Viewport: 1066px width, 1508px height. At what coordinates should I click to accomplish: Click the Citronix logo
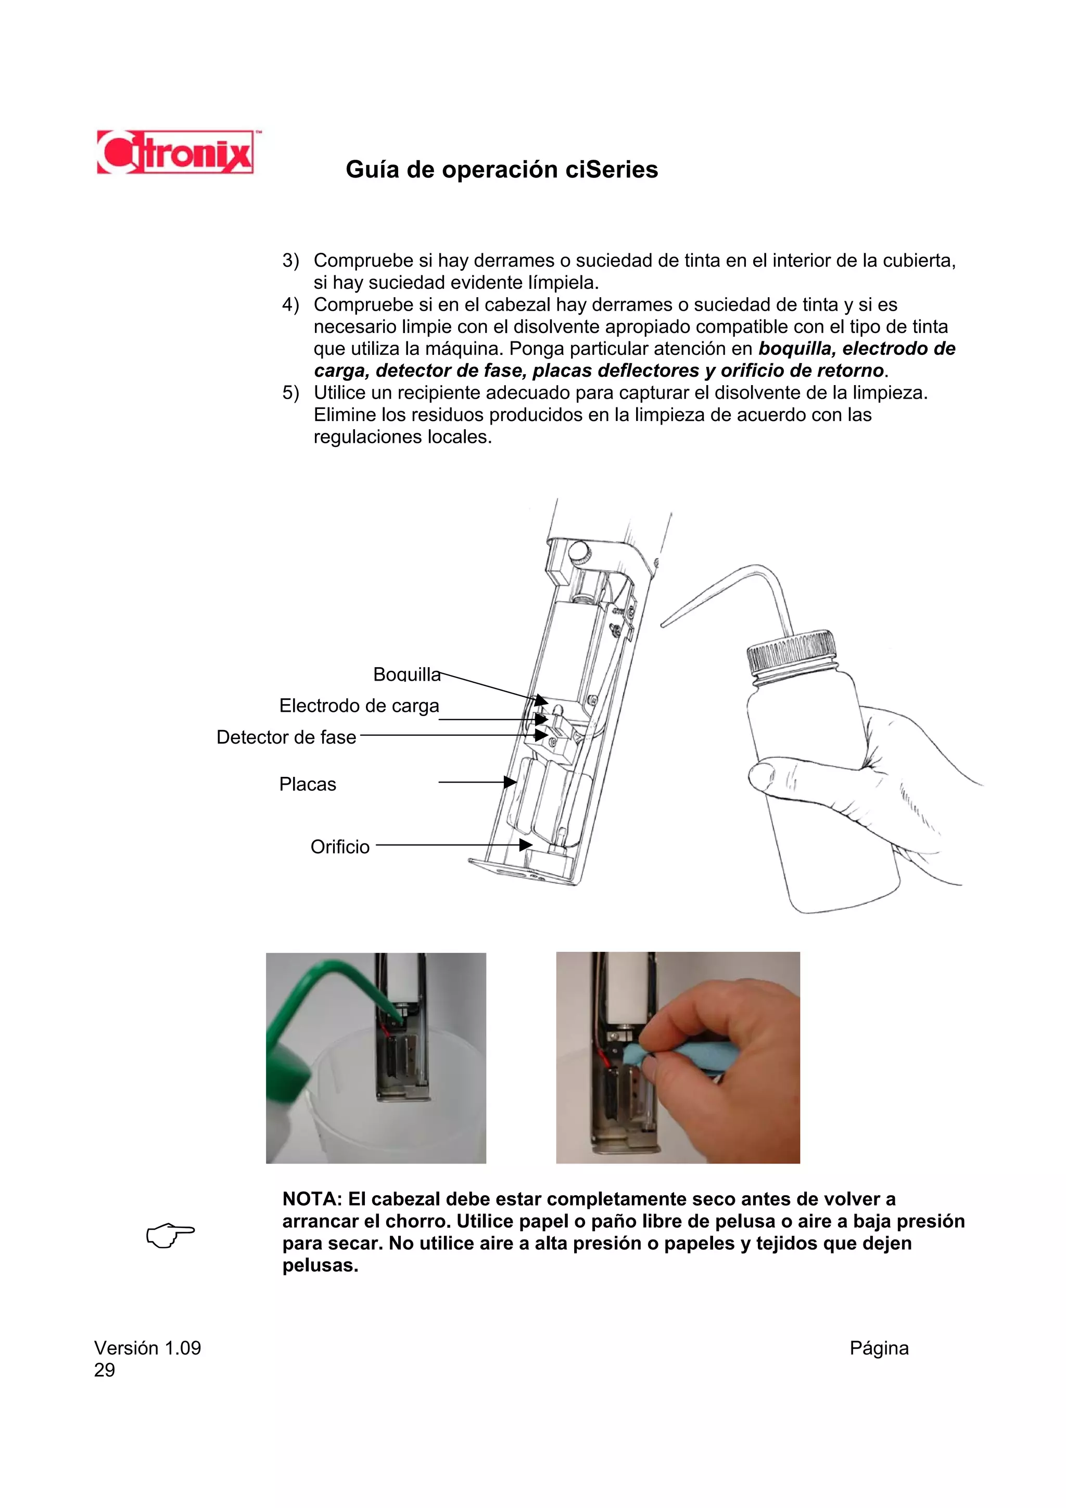point(175,152)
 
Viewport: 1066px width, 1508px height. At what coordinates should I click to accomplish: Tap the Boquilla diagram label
point(407,674)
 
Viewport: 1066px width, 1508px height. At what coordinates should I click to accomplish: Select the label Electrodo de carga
point(359,706)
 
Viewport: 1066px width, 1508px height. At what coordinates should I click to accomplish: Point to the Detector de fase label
point(286,737)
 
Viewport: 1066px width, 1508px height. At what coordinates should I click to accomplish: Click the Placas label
point(308,784)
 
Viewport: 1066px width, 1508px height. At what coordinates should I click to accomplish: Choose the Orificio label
point(339,847)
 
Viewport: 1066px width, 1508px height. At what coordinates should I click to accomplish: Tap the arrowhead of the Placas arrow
point(510,782)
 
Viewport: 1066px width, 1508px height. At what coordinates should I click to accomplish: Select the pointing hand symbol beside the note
point(170,1235)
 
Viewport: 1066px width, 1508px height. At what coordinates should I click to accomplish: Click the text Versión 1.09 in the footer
point(148,1348)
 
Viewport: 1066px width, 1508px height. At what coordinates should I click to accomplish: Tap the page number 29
point(105,1370)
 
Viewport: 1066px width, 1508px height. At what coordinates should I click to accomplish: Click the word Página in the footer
point(878,1348)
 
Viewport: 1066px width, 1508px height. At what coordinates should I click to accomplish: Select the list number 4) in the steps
point(290,305)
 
